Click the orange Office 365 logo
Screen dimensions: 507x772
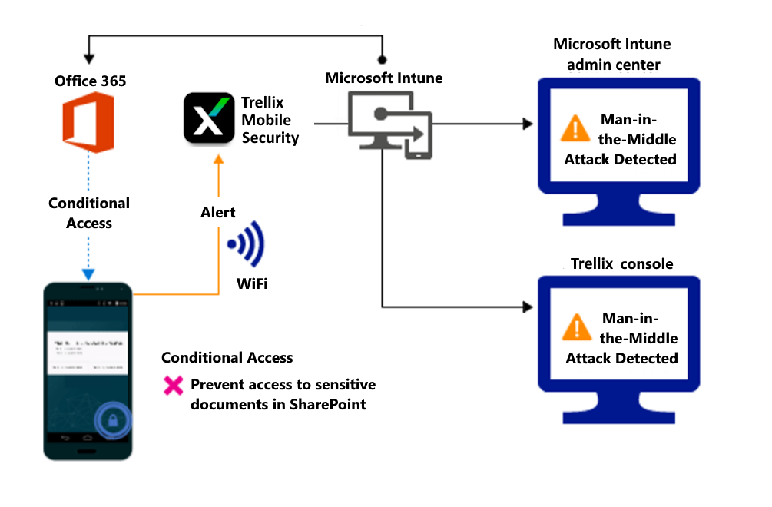click(x=88, y=122)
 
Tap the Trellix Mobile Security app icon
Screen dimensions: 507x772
click(x=209, y=118)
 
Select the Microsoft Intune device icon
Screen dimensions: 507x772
click(x=389, y=124)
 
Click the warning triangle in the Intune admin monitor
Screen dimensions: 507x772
click(x=575, y=128)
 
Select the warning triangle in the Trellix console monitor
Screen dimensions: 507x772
click(x=576, y=326)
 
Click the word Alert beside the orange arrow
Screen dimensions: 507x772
click(x=218, y=212)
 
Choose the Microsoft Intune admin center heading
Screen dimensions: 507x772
click(x=613, y=54)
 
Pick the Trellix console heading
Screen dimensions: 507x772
click(x=621, y=263)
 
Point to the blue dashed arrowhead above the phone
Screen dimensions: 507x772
click(x=88, y=274)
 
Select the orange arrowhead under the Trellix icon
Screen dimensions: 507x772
click(x=218, y=158)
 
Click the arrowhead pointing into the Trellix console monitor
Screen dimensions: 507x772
click(x=528, y=307)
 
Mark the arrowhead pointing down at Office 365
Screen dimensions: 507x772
click(x=90, y=59)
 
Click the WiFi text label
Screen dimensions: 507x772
click(x=252, y=285)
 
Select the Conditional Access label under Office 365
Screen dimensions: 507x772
click(x=89, y=213)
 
